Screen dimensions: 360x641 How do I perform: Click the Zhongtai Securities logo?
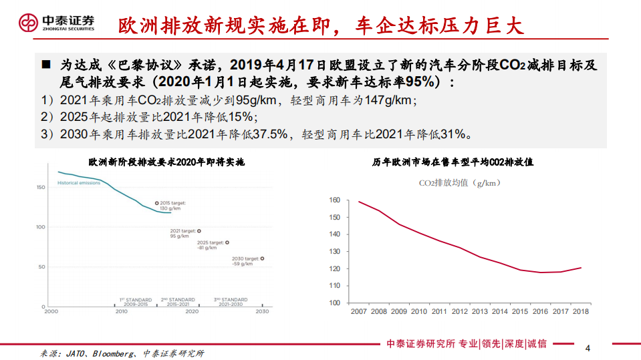coord(57,23)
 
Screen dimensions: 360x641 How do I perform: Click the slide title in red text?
coord(320,25)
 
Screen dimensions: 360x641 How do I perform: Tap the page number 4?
coord(588,348)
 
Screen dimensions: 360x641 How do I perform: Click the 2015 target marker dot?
coord(157,203)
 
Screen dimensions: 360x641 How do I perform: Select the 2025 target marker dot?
coord(227,242)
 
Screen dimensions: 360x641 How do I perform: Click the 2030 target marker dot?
coord(262,258)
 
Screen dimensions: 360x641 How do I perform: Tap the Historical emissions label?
coord(78,182)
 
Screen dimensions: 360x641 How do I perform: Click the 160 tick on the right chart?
coord(335,200)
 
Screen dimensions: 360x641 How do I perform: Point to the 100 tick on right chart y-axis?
coord(335,303)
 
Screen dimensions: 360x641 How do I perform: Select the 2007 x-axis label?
coord(360,312)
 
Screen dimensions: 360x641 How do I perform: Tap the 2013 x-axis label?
coord(479,312)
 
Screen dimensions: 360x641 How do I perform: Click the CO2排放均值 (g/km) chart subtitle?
coord(459,182)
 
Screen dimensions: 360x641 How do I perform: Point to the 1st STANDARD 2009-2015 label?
coord(135,301)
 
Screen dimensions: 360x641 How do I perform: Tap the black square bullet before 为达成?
coord(46,65)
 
